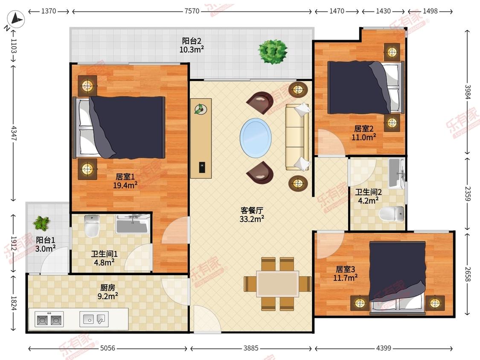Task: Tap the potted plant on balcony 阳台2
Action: pos(273,51)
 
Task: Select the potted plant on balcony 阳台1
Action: pos(42,223)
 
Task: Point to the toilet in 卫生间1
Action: pos(92,226)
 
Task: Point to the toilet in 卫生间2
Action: pos(392,213)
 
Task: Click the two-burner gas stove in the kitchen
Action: pos(49,319)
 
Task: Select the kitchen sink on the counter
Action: pos(94,319)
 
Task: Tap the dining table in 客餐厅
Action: pos(278,284)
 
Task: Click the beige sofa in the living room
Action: pos(297,137)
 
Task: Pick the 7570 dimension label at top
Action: pos(192,11)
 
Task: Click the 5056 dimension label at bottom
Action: pos(108,348)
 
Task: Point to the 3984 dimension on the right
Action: pos(468,92)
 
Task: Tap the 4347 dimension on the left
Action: pos(14,134)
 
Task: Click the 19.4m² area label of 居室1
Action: pos(125,185)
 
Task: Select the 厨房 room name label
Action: pos(108,288)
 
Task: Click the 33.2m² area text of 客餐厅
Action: pos(252,219)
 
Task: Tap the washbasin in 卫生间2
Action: pos(397,173)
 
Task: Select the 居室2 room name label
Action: pos(364,128)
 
